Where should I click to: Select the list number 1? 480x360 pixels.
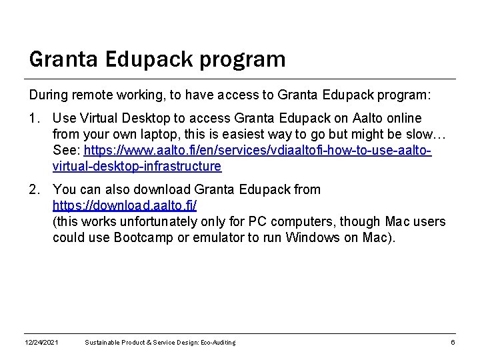click(x=34, y=119)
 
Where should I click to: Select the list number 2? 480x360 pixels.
click(x=34, y=189)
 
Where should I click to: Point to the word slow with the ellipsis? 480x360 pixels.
click(x=421, y=134)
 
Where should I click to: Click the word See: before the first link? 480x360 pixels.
click(x=67, y=150)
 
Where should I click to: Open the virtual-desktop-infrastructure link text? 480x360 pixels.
click(x=137, y=166)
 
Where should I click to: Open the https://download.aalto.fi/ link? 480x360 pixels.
click(x=125, y=205)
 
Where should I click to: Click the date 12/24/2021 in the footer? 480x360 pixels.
click(x=41, y=343)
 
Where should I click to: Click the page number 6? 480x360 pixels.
click(x=453, y=343)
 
